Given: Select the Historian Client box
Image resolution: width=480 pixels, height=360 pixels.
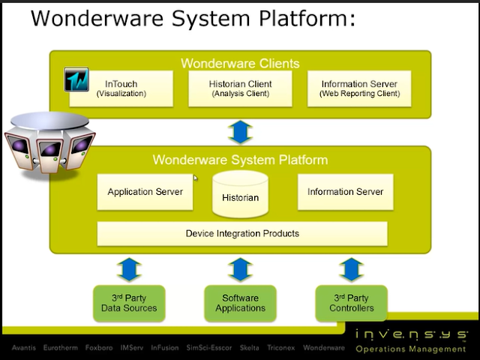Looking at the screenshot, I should [x=240, y=88].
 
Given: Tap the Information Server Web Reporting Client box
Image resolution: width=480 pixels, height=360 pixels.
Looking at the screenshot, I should [x=360, y=88].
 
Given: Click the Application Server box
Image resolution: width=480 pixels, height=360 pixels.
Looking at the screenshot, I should [x=145, y=192].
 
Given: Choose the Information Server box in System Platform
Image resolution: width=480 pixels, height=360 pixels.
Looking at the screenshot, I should [x=345, y=192].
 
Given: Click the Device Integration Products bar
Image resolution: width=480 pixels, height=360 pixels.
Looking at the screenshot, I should [x=242, y=233].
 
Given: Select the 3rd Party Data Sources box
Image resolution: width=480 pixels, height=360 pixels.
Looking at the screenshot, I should [x=129, y=303].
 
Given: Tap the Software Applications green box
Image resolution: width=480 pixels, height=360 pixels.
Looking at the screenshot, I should [x=240, y=303].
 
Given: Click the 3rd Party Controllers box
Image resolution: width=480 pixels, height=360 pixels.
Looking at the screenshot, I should [x=350, y=303].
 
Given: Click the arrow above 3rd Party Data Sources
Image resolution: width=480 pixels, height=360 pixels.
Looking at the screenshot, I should [x=129, y=268].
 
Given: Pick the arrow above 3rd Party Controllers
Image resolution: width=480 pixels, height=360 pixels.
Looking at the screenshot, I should [x=350, y=268].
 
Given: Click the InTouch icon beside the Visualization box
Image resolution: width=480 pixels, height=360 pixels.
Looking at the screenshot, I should [x=76, y=79].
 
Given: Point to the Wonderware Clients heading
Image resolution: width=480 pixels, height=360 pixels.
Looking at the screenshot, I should [x=240, y=63].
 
